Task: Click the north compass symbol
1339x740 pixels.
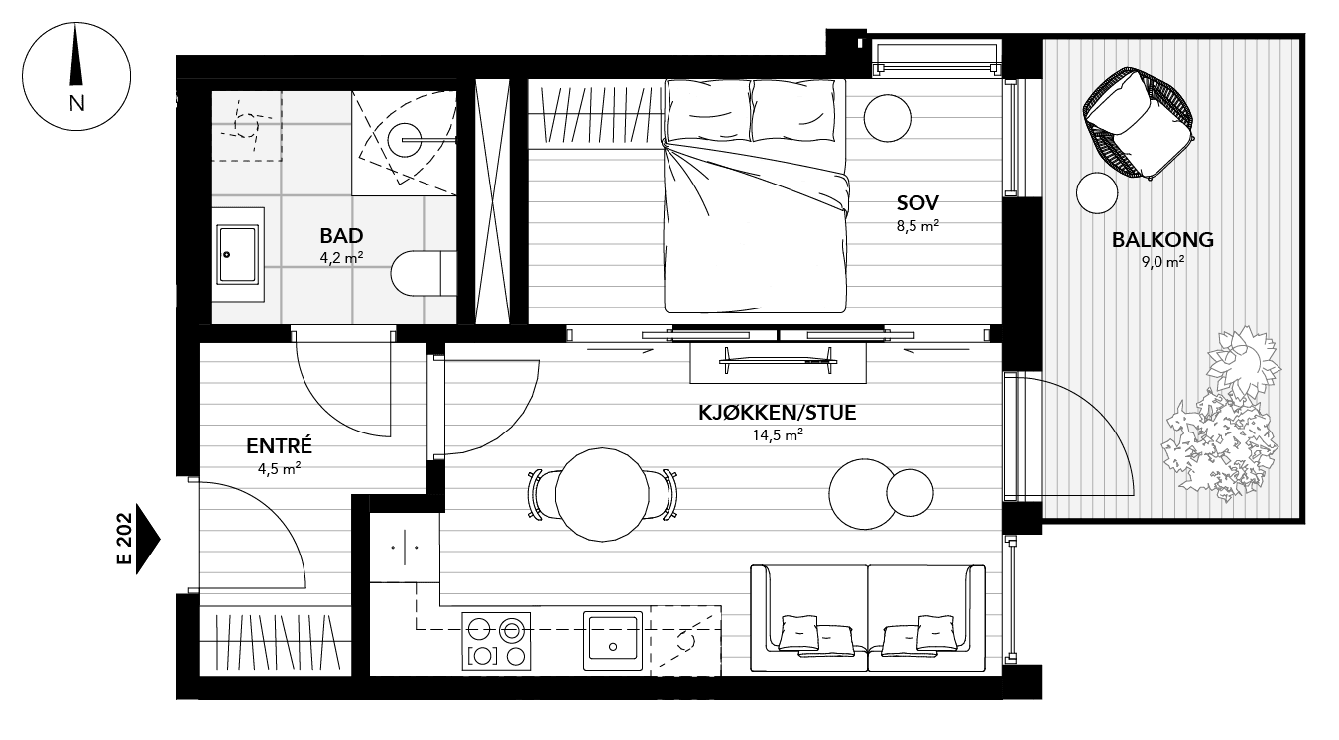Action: point(76,75)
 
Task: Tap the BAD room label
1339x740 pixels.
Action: point(341,236)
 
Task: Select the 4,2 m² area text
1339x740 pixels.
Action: point(341,258)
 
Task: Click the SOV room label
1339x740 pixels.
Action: point(916,203)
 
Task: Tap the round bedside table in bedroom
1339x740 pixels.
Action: point(887,119)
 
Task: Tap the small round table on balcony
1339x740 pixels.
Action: point(1097,192)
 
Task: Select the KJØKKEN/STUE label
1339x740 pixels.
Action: point(777,412)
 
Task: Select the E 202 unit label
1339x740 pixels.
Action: point(124,540)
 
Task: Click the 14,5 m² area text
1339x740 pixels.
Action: point(777,433)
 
